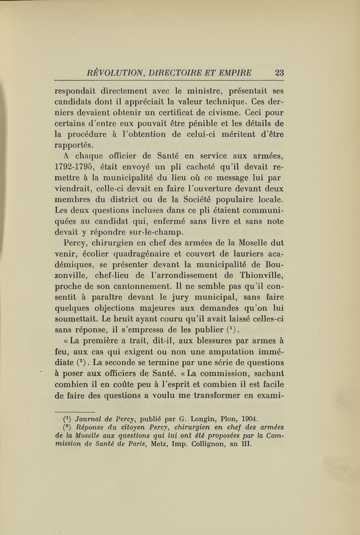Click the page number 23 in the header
click(x=284, y=72)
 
